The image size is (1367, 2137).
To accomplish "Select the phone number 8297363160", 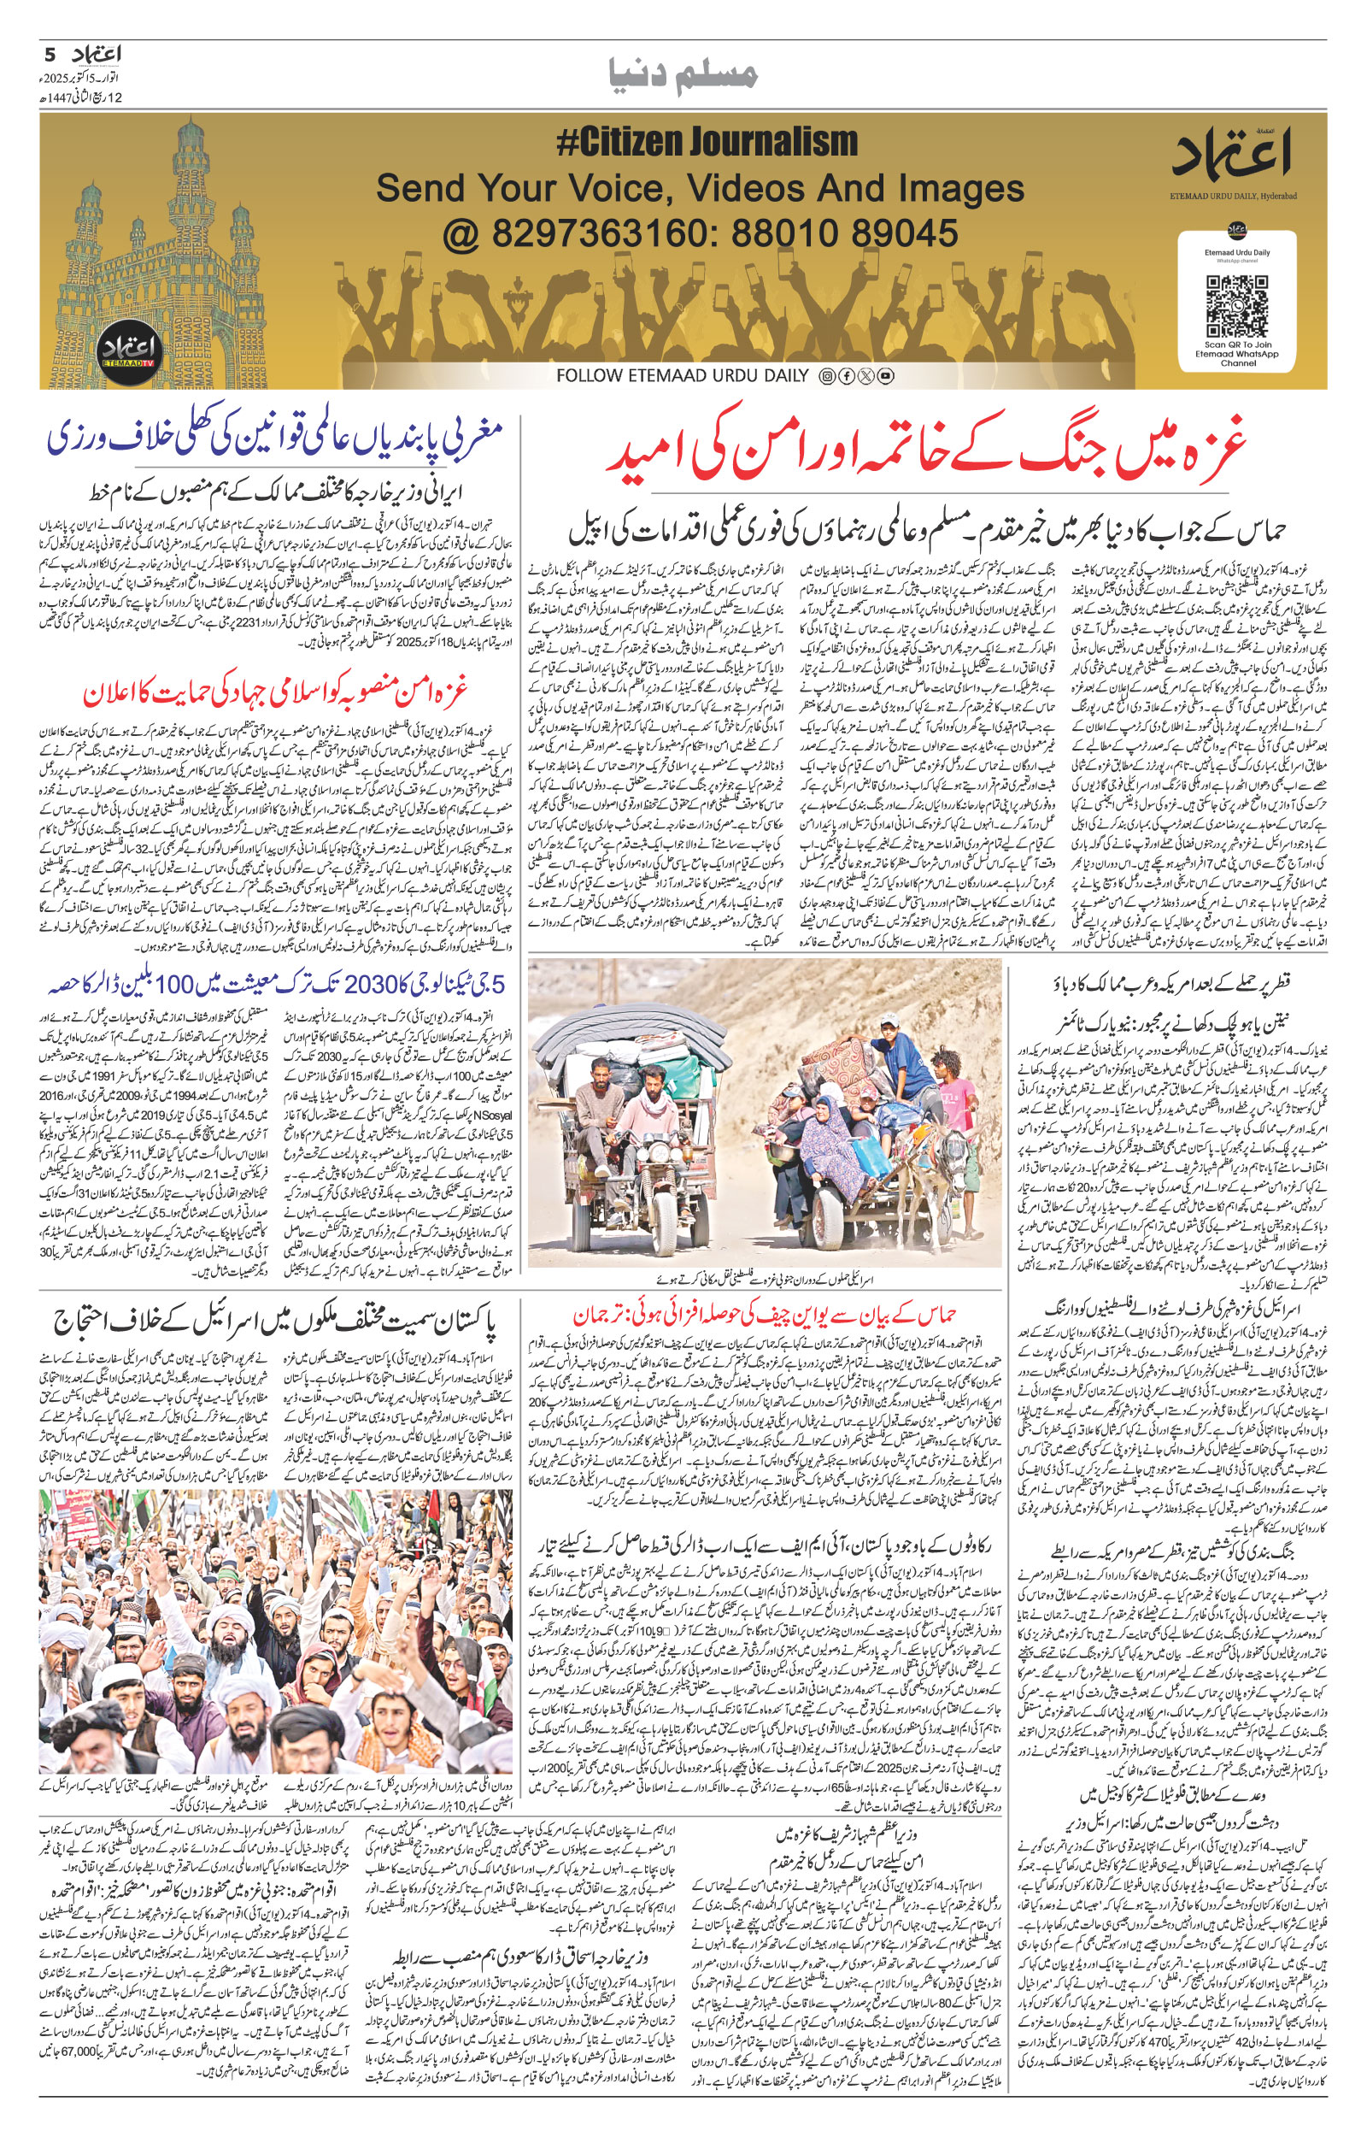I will (587, 233).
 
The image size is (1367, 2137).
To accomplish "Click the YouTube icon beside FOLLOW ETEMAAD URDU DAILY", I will (885, 376).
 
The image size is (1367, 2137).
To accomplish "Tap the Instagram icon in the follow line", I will (827, 376).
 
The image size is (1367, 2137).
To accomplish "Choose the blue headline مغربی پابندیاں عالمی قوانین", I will (276, 439).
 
